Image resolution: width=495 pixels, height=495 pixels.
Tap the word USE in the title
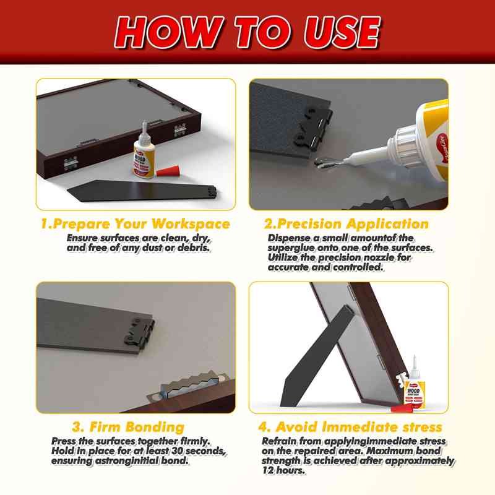[x=335, y=31]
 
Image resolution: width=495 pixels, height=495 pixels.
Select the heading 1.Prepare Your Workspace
[x=136, y=224]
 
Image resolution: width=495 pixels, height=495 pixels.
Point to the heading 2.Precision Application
[x=346, y=224]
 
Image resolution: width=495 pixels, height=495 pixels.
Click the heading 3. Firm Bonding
[x=128, y=427]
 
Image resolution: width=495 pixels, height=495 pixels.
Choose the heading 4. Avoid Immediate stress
[x=350, y=427]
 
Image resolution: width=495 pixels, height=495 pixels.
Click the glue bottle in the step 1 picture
[x=143, y=158]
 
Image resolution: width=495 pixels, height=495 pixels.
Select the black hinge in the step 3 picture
[x=139, y=330]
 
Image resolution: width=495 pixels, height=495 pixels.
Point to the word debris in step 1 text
[x=194, y=247]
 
